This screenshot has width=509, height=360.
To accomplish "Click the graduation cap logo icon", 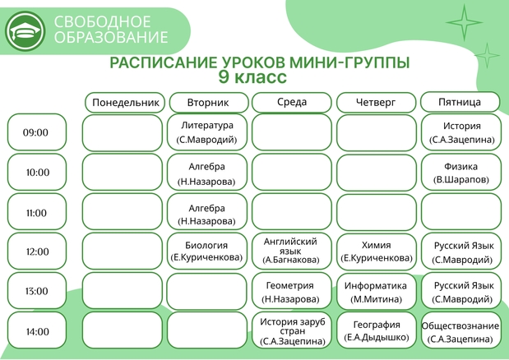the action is [25, 31].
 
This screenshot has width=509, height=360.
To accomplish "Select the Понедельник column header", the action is [125, 103].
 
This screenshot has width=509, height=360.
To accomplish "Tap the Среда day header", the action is [292, 102].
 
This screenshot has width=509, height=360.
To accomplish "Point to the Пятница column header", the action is [460, 102].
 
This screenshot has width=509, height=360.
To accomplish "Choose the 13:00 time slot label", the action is [37, 291].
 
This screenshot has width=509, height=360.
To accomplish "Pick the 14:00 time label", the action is [37, 330].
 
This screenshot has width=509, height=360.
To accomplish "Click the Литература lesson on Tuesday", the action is [206, 132].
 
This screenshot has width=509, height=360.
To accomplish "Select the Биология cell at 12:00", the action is [206, 251].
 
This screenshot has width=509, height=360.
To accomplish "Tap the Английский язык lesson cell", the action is [292, 251].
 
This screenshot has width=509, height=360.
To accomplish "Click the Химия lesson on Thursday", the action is [377, 251].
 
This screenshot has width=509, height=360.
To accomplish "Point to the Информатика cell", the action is [377, 292].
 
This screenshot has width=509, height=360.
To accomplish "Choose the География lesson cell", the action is [377, 330].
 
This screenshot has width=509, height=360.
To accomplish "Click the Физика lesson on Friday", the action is [461, 173].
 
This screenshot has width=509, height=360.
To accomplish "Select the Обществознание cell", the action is [461, 330].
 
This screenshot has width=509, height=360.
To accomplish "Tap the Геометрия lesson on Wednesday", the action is [292, 291].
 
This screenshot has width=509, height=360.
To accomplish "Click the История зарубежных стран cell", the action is [292, 330].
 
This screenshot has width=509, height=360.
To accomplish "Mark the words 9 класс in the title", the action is [252, 77].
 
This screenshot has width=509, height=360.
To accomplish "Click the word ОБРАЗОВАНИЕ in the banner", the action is [111, 37].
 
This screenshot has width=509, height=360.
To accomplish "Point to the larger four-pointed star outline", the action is [465, 22].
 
